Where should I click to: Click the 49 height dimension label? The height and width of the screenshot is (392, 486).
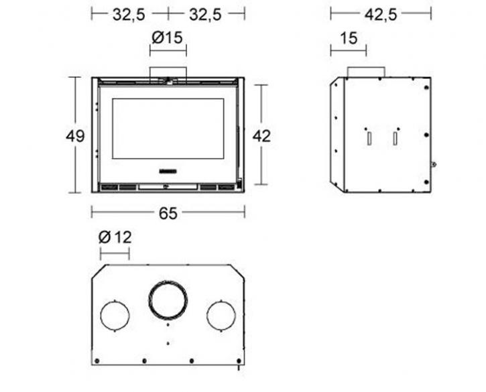pos(75,136)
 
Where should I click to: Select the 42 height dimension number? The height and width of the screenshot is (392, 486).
pos(261,136)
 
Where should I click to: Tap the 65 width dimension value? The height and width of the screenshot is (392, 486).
pos(168,213)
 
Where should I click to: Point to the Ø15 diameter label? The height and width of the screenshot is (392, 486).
pos(168,38)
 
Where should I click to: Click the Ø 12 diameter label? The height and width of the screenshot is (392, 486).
pos(115,237)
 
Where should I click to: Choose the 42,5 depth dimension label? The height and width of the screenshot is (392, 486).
pos(380,14)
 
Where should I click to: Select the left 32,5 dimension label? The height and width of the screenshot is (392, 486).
pos(129,14)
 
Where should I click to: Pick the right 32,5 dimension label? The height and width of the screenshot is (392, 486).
pos(205,14)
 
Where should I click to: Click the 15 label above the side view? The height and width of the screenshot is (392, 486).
pos(349,38)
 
